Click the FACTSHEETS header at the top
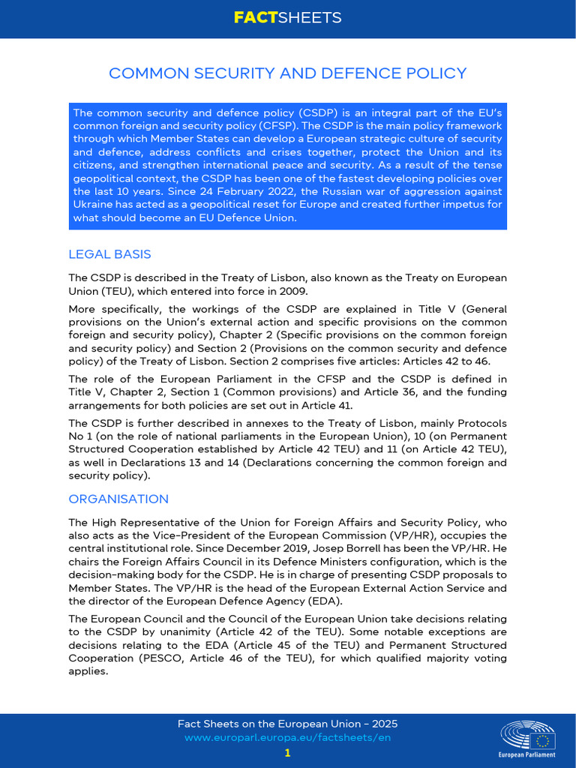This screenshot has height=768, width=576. (x=287, y=18)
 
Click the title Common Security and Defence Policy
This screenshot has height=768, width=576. (x=287, y=73)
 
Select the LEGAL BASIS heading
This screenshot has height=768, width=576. (x=109, y=254)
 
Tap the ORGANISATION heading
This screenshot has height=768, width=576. (x=118, y=499)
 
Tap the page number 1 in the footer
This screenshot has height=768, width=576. (x=287, y=752)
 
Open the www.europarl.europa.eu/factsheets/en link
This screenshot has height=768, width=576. (x=287, y=738)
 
